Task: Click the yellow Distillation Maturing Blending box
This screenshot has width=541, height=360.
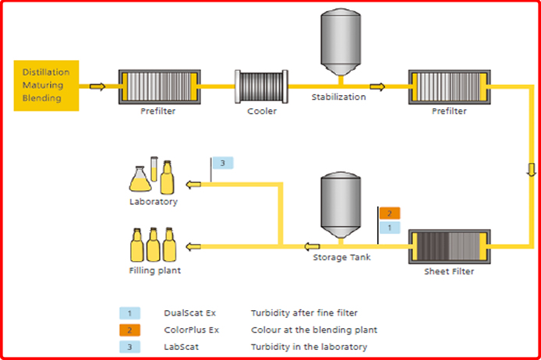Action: (x=46, y=86)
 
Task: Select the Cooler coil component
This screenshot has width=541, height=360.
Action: (x=261, y=86)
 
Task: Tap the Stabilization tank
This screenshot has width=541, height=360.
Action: (x=341, y=42)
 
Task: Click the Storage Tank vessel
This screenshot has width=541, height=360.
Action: (x=341, y=205)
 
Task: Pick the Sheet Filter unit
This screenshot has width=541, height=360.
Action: (x=449, y=246)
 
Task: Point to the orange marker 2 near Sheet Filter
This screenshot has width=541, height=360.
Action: (x=390, y=214)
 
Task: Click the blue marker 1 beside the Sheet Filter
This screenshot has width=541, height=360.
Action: (x=390, y=228)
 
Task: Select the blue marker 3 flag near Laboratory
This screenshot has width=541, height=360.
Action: (x=223, y=163)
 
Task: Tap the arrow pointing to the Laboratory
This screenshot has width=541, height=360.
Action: (x=193, y=185)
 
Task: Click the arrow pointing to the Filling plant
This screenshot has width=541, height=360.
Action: (x=193, y=246)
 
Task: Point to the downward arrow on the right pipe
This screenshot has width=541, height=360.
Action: (x=532, y=170)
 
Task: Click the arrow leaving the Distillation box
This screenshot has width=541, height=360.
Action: (x=97, y=86)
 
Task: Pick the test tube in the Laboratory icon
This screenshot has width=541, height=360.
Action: (x=154, y=169)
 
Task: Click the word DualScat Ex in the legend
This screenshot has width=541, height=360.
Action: (x=189, y=313)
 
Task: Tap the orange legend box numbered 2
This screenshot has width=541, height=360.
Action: (x=129, y=330)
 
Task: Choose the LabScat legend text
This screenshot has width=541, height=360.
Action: (x=181, y=347)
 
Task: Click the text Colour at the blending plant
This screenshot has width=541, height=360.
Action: (x=314, y=330)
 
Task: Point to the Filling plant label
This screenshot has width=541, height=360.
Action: (x=154, y=270)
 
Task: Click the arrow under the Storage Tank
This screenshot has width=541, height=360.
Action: (x=312, y=246)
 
